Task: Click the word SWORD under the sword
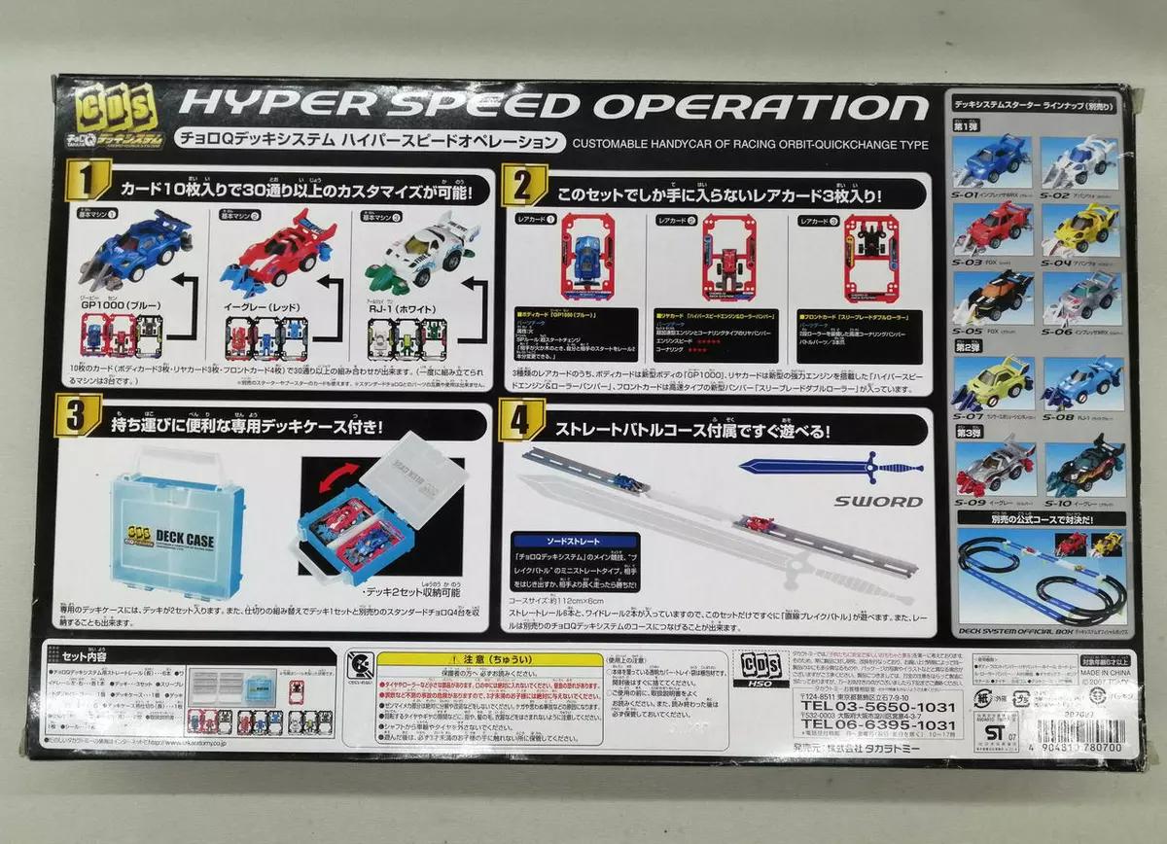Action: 877,502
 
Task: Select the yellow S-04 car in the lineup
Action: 1079,229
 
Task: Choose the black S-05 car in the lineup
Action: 995,295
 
